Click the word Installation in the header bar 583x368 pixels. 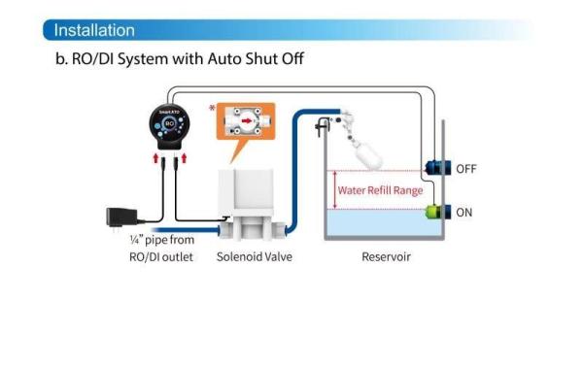(94, 30)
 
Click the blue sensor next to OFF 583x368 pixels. (433, 168)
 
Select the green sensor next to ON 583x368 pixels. (433, 212)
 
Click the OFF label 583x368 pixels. (466, 169)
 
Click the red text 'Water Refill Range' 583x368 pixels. (380, 190)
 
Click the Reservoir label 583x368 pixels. (386, 257)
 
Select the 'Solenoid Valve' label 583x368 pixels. (254, 257)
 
